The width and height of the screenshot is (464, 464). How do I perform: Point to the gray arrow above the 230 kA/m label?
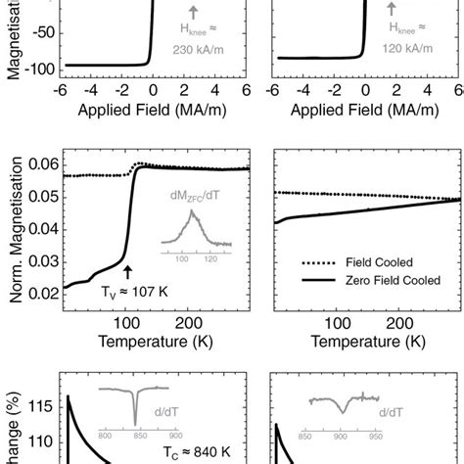pyautogui.click(x=196, y=11)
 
